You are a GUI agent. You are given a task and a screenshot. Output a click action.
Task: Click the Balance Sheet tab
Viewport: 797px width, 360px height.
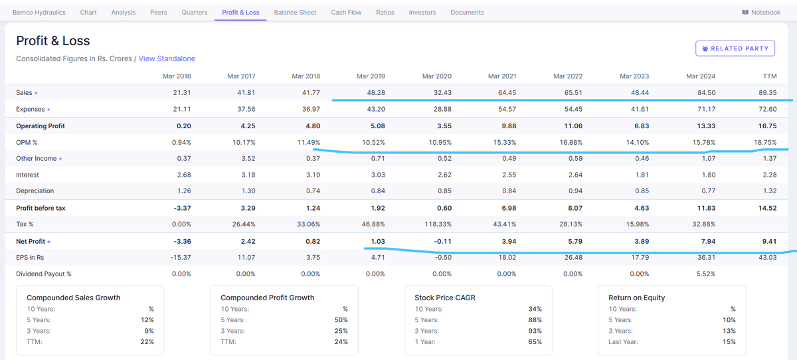pyautogui.click(x=295, y=13)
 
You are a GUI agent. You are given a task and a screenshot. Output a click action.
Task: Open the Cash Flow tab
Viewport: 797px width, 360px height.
pyautogui.click(x=346, y=13)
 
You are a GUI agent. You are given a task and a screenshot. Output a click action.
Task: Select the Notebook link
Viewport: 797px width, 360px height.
pyautogui.click(x=761, y=13)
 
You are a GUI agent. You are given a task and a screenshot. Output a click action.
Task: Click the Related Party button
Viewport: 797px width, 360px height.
pyautogui.click(x=735, y=48)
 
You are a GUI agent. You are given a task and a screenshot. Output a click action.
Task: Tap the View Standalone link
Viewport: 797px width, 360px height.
pyautogui.click(x=167, y=58)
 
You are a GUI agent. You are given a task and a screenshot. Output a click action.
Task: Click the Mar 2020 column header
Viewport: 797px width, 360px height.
pyautogui.click(x=436, y=76)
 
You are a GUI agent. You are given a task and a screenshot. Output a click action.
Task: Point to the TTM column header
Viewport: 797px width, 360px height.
pyautogui.click(x=770, y=76)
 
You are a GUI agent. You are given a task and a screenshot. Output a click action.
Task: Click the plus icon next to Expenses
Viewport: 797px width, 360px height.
pyautogui.click(x=48, y=110)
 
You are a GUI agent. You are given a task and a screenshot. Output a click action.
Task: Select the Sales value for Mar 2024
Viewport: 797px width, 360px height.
pyautogui.click(x=706, y=93)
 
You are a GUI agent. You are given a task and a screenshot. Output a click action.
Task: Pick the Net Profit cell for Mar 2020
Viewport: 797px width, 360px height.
pyautogui.click(x=442, y=242)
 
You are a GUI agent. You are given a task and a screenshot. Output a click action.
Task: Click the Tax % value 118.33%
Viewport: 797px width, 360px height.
pyautogui.click(x=438, y=224)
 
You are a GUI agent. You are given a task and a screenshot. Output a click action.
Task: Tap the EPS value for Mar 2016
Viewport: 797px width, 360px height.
pyautogui.click(x=181, y=257)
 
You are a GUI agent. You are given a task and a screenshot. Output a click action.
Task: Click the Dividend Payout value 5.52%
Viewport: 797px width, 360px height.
pyautogui.click(x=706, y=274)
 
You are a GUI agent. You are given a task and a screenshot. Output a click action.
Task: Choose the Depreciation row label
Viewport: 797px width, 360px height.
pyautogui.click(x=35, y=191)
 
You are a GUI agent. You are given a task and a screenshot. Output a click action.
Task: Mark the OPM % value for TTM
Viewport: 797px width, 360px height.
pyautogui.click(x=765, y=142)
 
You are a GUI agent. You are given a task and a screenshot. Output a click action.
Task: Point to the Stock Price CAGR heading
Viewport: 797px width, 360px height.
pyautogui.click(x=445, y=298)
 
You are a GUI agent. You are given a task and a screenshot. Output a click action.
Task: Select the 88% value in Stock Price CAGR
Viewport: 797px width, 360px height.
pyautogui.click(x=535, y=319)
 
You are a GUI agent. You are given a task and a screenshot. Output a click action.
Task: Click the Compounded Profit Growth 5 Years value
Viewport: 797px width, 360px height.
pyautogui.click(x=341, y=319)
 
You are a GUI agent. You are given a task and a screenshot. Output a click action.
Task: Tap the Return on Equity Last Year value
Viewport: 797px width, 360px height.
pyautogui.click(x=729, y=342)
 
